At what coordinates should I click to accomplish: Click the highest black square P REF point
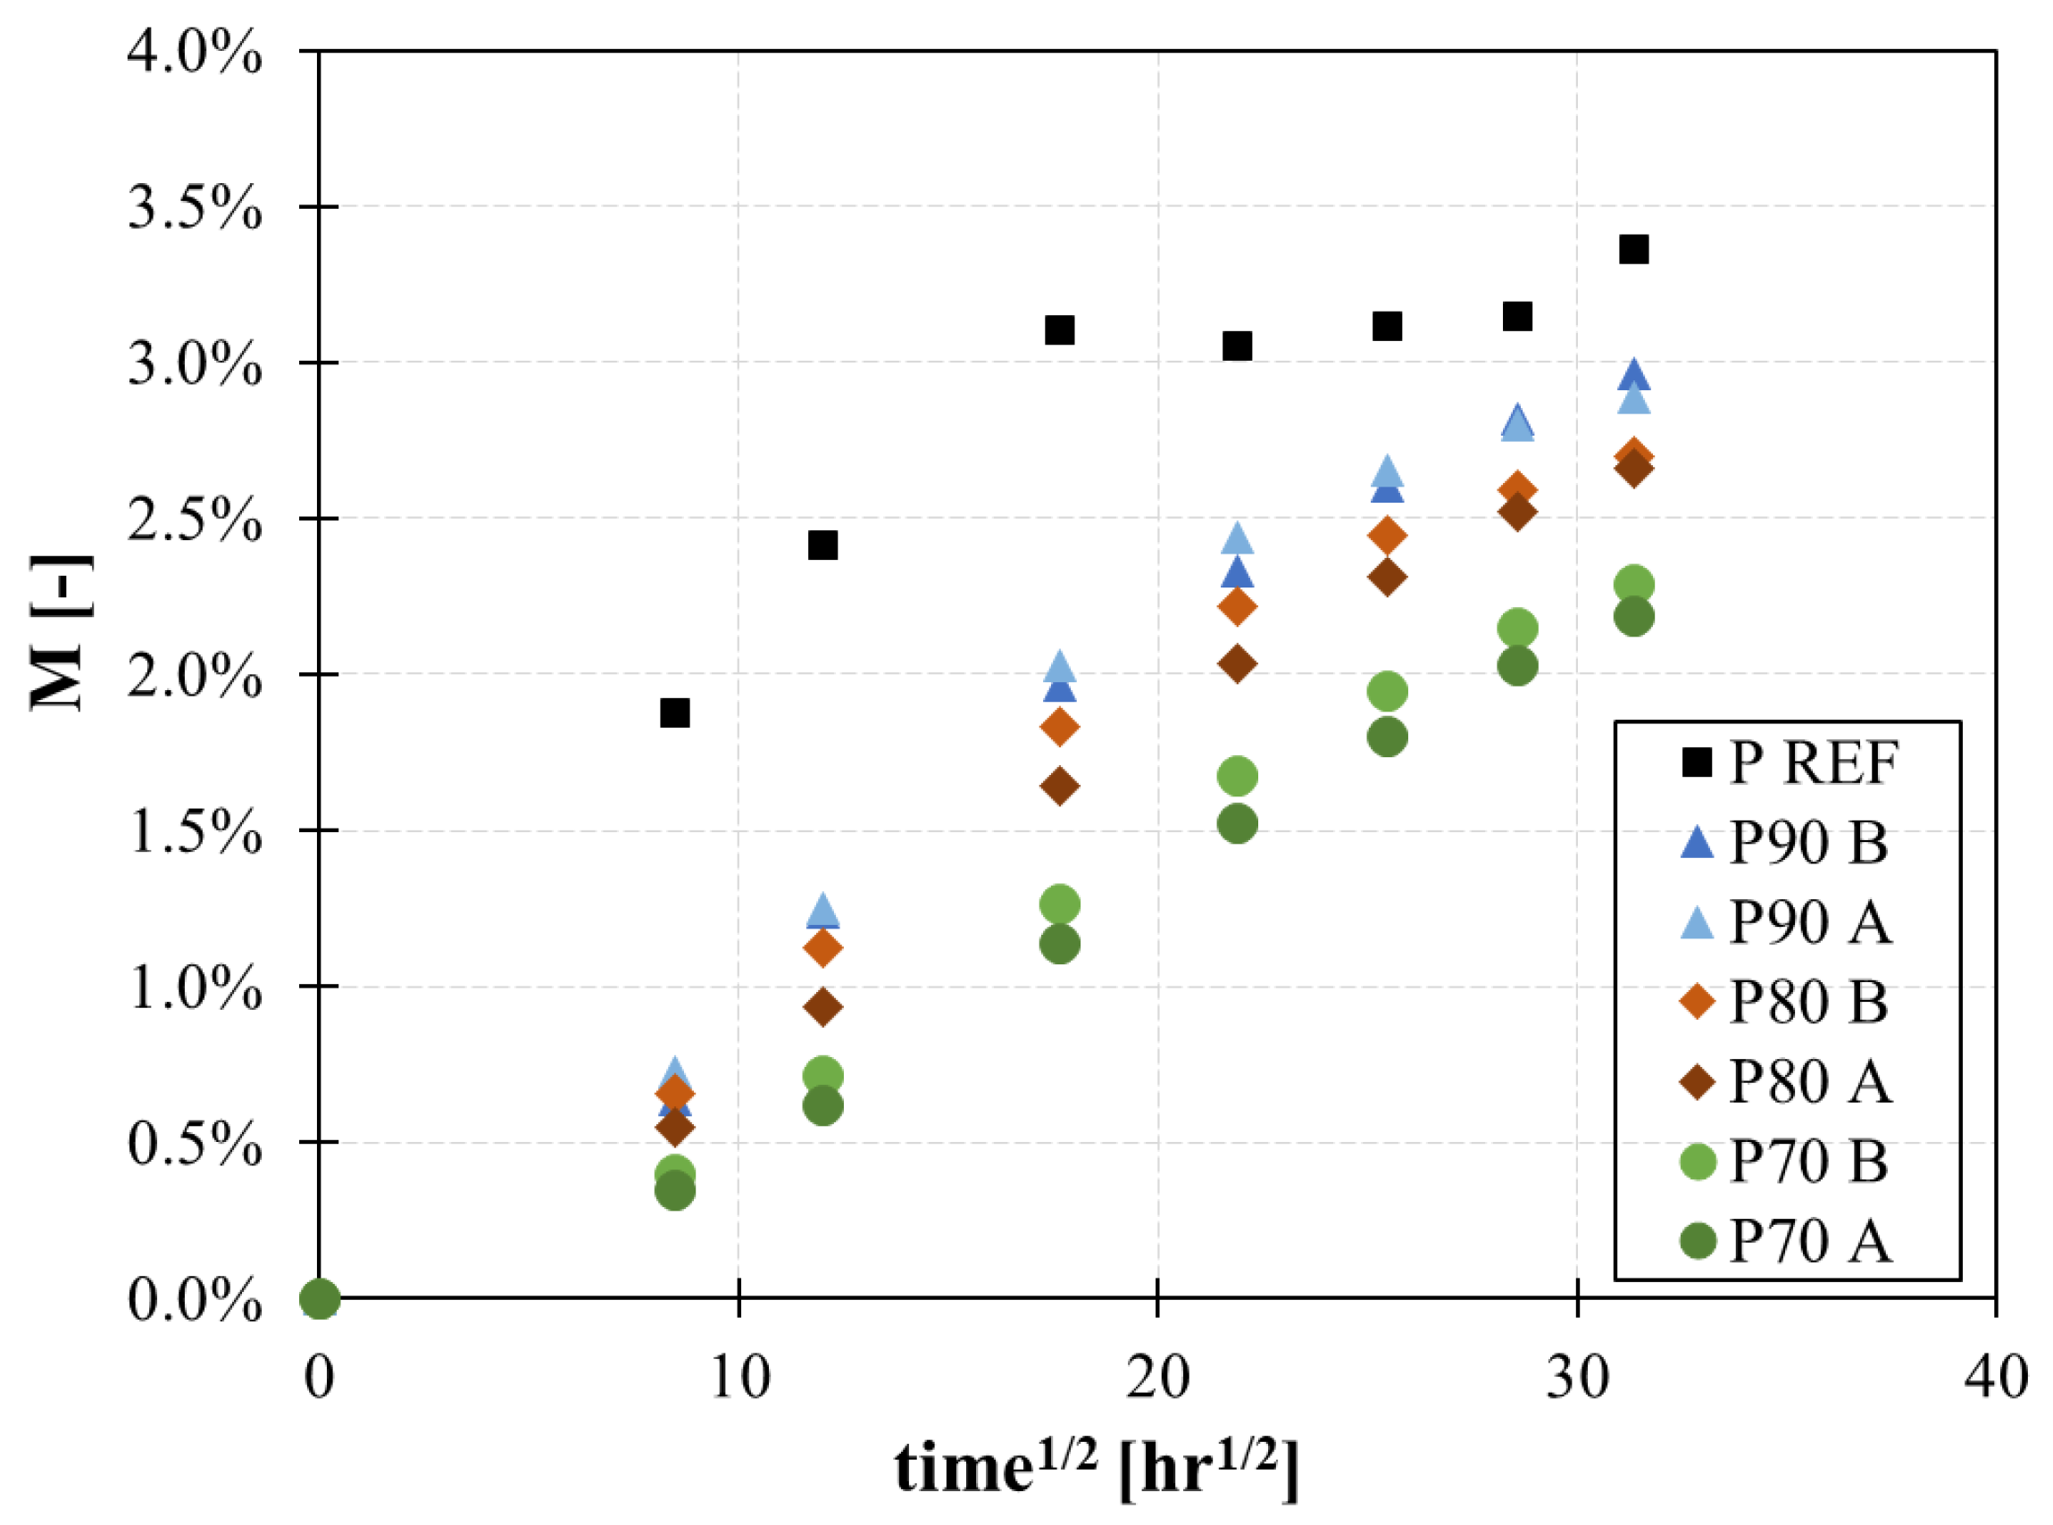click(1633, 249)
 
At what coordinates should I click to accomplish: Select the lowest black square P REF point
click(675, 712)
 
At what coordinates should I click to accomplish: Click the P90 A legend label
click(1809, 922)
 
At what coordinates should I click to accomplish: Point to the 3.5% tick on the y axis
click(195, 208)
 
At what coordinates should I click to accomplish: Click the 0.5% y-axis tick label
click(195, 1144)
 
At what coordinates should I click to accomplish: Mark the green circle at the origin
click(320, 1299)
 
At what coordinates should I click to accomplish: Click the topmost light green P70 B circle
click(1633, 584)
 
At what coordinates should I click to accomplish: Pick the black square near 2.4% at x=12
click(822, 545)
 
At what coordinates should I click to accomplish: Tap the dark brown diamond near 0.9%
click(822, 1006)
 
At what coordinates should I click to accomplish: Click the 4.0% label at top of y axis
click(195, 52)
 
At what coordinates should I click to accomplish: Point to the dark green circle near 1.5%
click(1237, 823)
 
